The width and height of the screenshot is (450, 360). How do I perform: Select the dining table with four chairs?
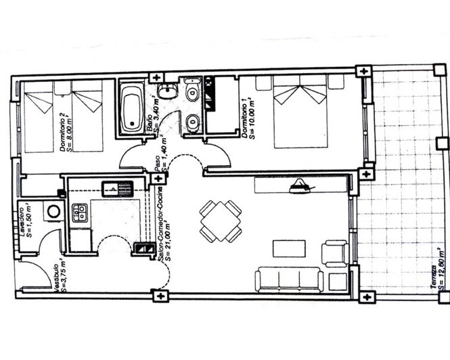pos(220,221)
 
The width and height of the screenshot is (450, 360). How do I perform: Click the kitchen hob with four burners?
pos(81,214)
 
